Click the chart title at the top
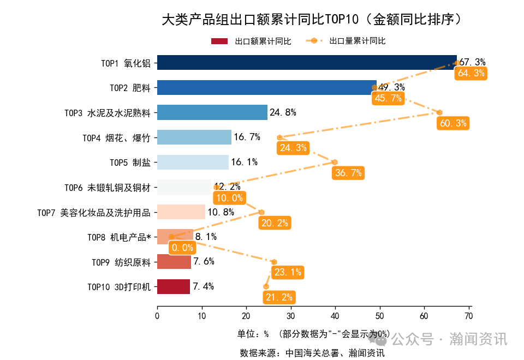click(315, 20)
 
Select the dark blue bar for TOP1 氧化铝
click(306, 62)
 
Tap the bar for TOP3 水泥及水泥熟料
click(212, 112)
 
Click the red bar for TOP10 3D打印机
click(174, 286)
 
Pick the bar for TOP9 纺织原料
click(174, 262)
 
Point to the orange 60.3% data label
click(453, 123)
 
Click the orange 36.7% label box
click(348, 173)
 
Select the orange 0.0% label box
click(182, 248)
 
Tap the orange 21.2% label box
click(279, 297)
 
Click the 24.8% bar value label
click(283, 113)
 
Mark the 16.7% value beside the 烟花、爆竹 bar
click(247, 137)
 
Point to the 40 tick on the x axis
click(335, 315)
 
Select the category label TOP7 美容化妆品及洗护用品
click(93, 212)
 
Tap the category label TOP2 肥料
click(130, 87)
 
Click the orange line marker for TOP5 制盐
click(335, 162)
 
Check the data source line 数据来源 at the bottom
click(312, 353)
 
